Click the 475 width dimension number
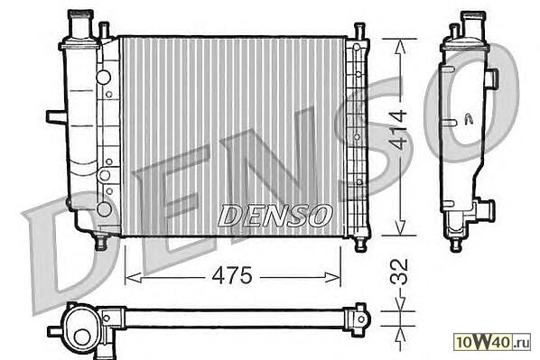point(232,275)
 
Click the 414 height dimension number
point(399,130)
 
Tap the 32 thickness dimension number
point(399,272)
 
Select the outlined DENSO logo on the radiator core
point(275,216)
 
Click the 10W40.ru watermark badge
point(492,342)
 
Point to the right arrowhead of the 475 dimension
point(332,277)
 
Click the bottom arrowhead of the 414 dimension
point(399,227)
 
